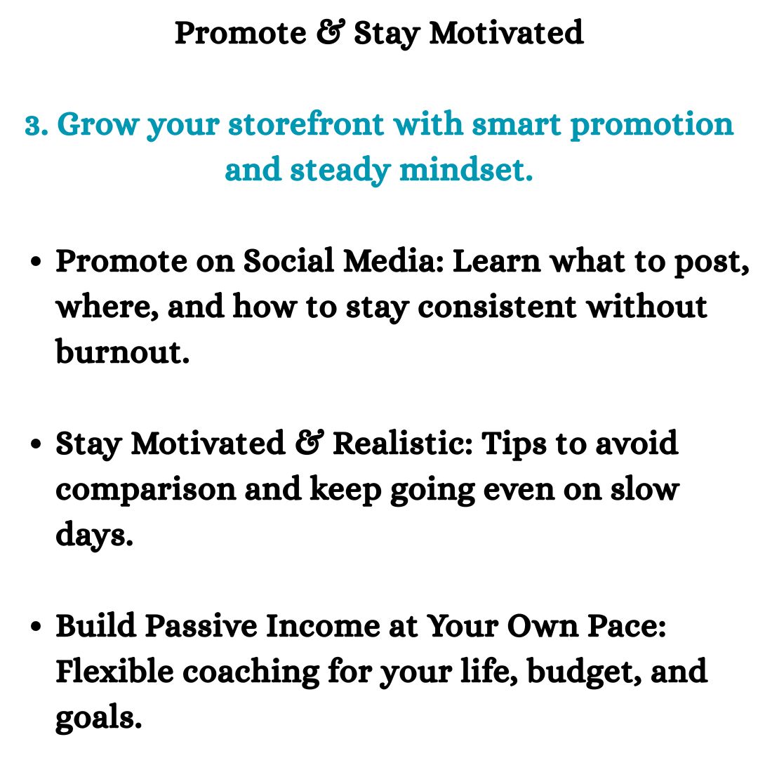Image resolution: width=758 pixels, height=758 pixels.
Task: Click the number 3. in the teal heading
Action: (36, 125)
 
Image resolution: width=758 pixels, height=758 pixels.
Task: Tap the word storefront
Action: (293, 125)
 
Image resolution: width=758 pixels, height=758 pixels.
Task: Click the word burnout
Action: (123, 352)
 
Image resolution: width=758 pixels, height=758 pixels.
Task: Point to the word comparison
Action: (145, 490)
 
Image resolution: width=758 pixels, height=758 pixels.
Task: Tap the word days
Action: (94, 536)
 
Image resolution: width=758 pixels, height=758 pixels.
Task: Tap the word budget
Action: (582, 672)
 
